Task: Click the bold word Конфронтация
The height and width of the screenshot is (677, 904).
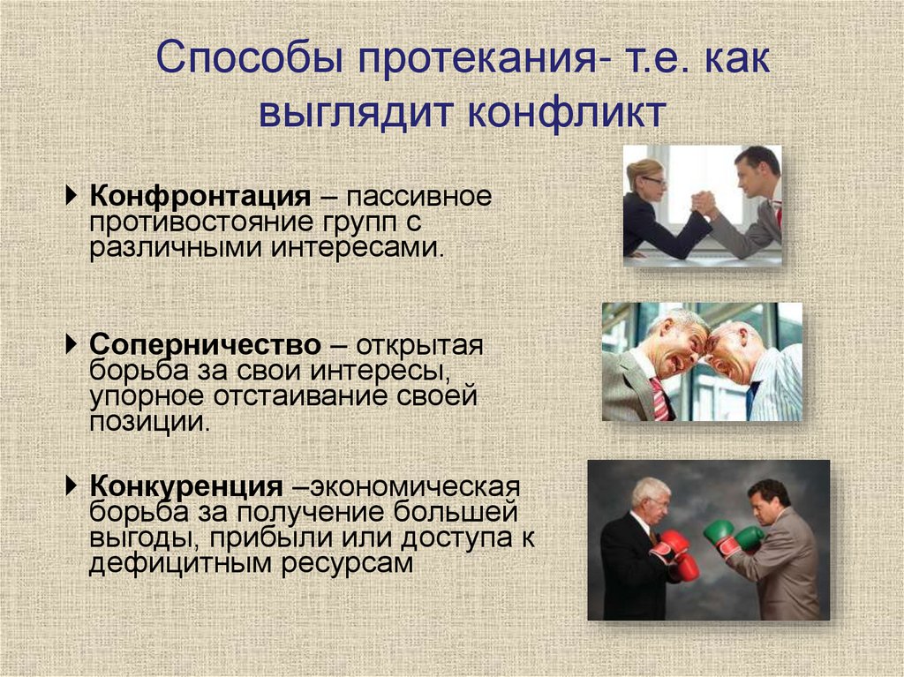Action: pos(200,194)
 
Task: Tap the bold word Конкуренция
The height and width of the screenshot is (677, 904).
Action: pos(186,486)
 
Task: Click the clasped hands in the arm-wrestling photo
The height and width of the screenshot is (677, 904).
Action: pos(704,202)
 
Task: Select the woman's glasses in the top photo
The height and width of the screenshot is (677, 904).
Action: pos(653,180)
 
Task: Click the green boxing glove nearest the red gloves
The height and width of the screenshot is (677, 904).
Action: pos(718,534)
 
